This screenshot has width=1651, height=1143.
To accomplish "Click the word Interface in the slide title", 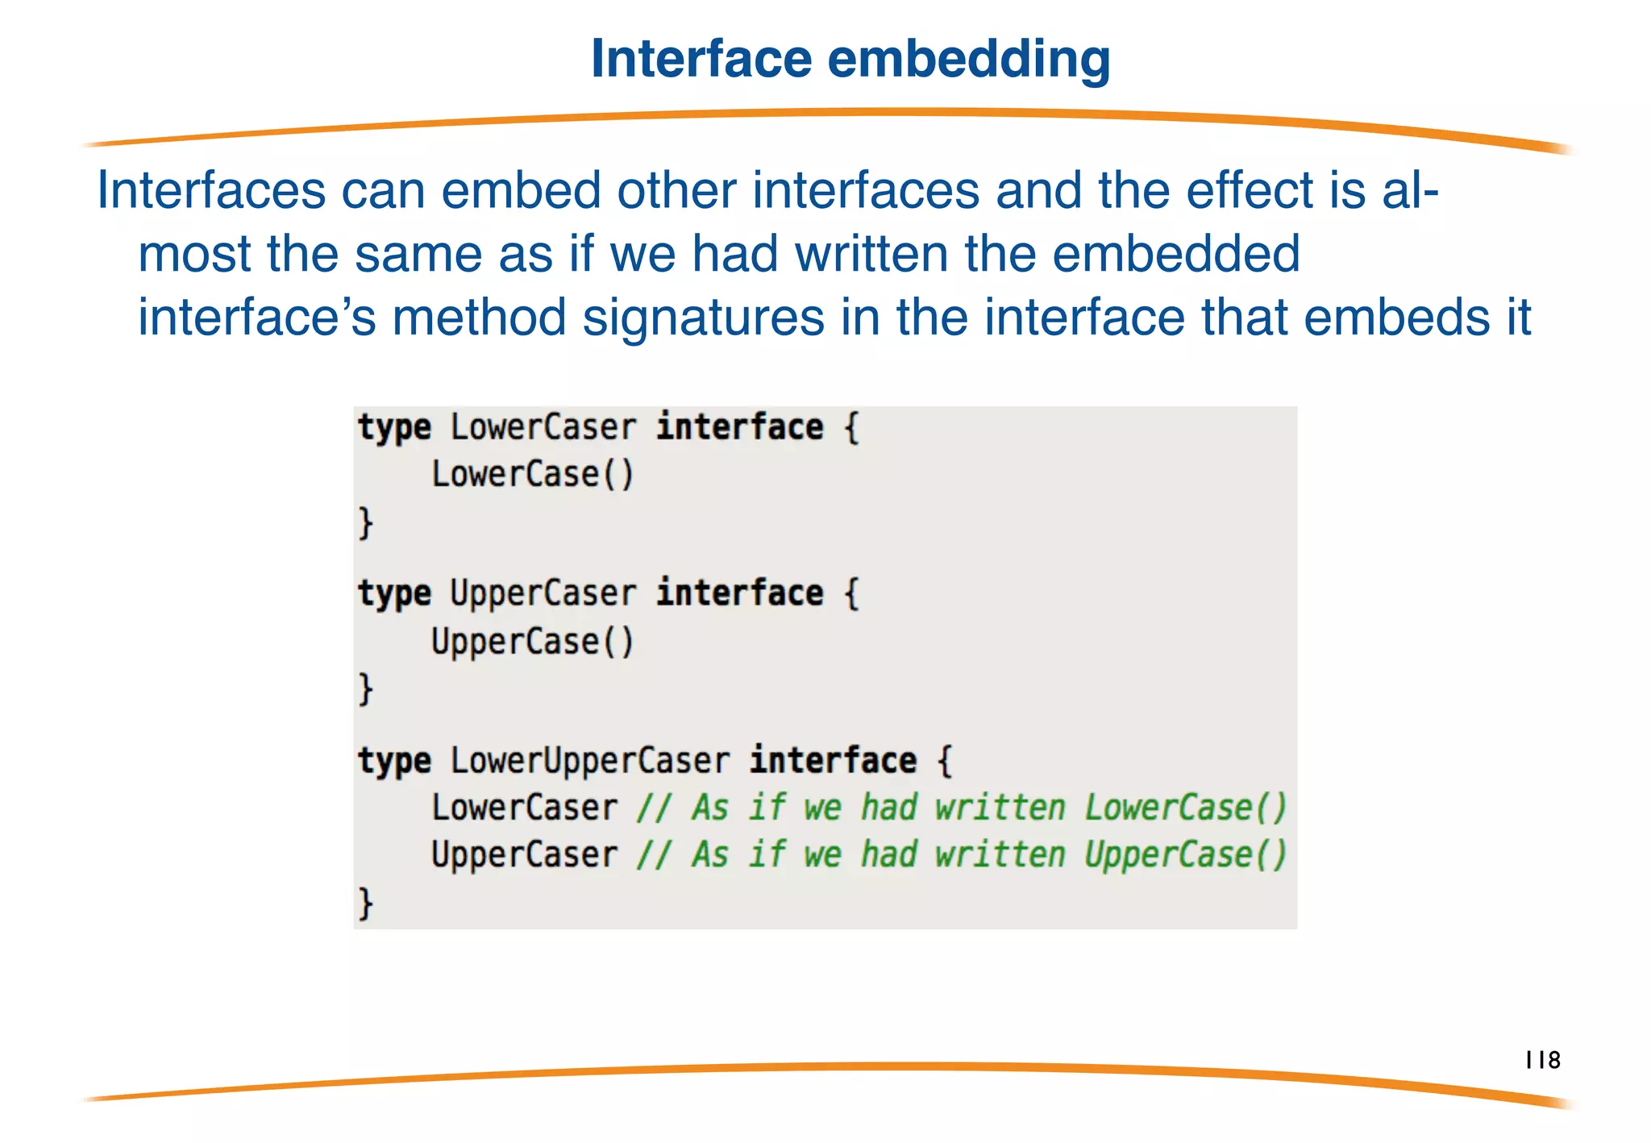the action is [x=701, y=59].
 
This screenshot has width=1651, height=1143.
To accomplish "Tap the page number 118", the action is [x=1543, y=1060].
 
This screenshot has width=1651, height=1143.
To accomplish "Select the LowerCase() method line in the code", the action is [x=533, y=474].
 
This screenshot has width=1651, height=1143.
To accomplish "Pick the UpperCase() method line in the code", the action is [x=533, y=642].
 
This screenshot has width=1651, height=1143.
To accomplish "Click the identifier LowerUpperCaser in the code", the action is [x=589, y=760].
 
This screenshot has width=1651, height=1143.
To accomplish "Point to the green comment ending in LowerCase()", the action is [x=962, y=808].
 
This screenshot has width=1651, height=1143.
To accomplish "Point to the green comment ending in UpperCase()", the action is [x=962, y=854].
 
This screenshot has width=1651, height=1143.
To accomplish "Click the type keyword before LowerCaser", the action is [x=394, y=427].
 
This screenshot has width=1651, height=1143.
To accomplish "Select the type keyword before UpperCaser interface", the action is [x=394, y=594].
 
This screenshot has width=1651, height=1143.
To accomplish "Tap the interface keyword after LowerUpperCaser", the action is [x=833, y=760].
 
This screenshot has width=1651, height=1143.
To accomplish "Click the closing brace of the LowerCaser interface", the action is [x=366, y=522].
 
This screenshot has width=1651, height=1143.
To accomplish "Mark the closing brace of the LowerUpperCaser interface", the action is [x=366, y=903].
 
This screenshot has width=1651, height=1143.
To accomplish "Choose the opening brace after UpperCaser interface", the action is [x=851, y=594].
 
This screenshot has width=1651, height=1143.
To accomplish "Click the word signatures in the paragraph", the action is [x=704, y=318].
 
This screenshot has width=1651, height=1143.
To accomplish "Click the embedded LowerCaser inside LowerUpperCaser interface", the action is [x=524, y=808].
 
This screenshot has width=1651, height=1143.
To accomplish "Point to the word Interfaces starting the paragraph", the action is [x=211, y=191].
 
